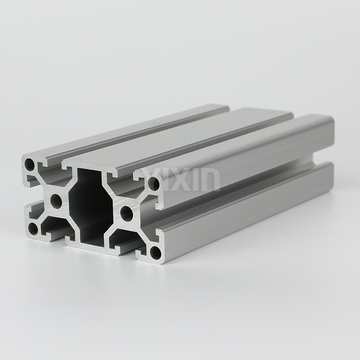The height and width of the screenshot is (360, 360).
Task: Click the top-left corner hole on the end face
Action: [30, 164]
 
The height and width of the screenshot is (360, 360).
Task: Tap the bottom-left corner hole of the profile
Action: [33, 229]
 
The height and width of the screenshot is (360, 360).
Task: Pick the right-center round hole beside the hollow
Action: [127, 213]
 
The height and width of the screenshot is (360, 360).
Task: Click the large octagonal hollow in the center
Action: [91, 207]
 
